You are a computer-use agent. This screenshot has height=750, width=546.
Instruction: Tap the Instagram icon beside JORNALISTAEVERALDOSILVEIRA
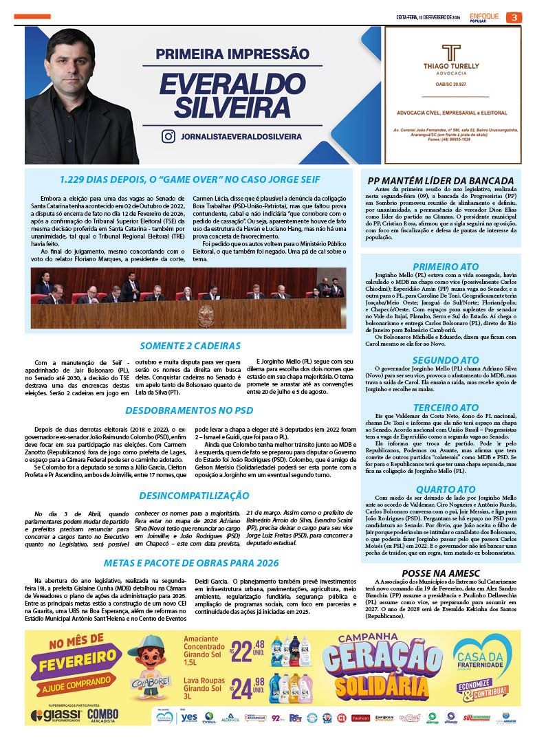168,136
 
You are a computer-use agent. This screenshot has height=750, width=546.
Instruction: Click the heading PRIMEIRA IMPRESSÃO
233,53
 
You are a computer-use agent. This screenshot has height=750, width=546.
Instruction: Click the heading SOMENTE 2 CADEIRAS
190,346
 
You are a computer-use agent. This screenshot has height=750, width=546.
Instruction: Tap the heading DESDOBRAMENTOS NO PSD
190,410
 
